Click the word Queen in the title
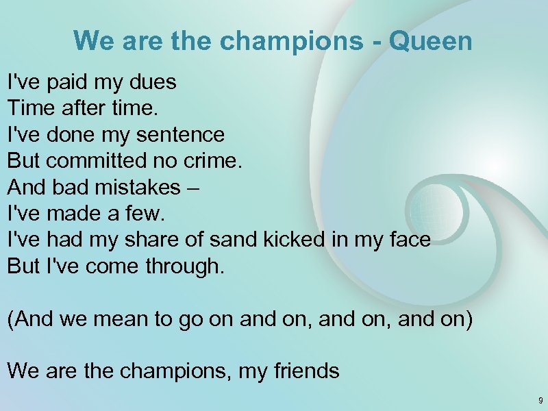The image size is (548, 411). pyautogui.click(x=430, y=41)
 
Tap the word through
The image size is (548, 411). pyautogui.click(x=184, y=266)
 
